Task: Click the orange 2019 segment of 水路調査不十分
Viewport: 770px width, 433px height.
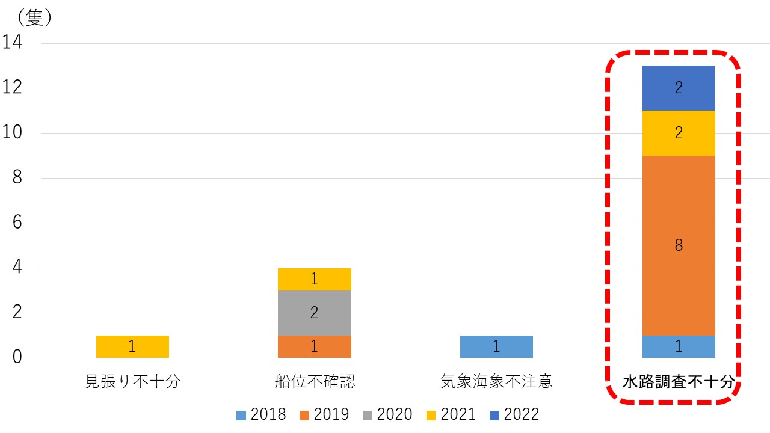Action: pos(679,245)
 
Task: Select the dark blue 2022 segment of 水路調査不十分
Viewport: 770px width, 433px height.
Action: pos(679,88)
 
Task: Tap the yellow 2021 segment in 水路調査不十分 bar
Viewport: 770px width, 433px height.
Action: pos(679,133)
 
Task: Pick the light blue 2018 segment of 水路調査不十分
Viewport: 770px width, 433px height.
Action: pos(679,346)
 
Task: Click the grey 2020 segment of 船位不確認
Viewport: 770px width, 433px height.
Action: pos(315,313)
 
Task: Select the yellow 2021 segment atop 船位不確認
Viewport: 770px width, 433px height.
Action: pos(315,279)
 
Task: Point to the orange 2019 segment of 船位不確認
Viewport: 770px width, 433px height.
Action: pos(315,346)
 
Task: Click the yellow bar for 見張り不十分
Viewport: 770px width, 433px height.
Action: pos(132,346)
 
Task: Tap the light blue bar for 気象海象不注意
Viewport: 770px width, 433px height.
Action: pos(496,346)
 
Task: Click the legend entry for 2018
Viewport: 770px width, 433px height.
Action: pos(261,414)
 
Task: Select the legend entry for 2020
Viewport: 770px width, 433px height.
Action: pos(387,414)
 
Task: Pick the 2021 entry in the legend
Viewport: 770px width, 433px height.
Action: pos(451,414)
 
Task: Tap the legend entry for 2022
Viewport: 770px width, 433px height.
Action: pos(514,414)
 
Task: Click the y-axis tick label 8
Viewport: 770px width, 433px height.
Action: pos(17,178)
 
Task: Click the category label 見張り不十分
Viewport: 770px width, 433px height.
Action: pos(132,382)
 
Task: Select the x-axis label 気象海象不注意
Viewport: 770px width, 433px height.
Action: pos(496,382)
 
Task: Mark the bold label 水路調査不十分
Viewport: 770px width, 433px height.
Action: pos(678,382)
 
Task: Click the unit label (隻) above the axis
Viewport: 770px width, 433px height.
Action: pos(34,18)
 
